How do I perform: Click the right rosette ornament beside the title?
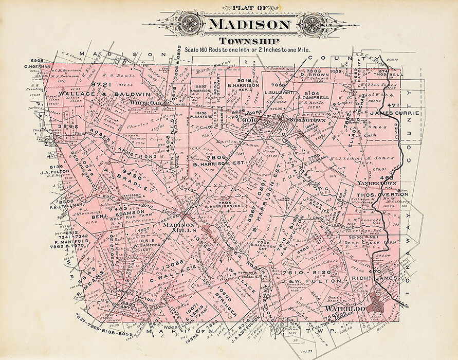coord(312,24)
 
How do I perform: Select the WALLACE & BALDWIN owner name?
coord(104,94)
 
